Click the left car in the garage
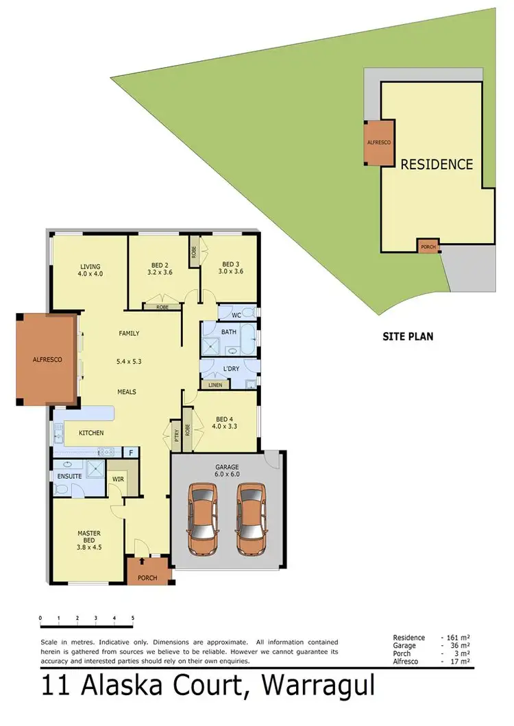[x=204, y=519]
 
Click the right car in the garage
[x=251, y=519]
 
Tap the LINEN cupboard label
[x=213, y=386]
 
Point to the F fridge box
[x=130, y=452]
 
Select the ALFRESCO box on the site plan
[x=379, y=142]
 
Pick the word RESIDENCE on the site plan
[x=437, y=164]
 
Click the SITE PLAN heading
[x=408, y=336]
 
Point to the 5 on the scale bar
[x=132, y=618]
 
